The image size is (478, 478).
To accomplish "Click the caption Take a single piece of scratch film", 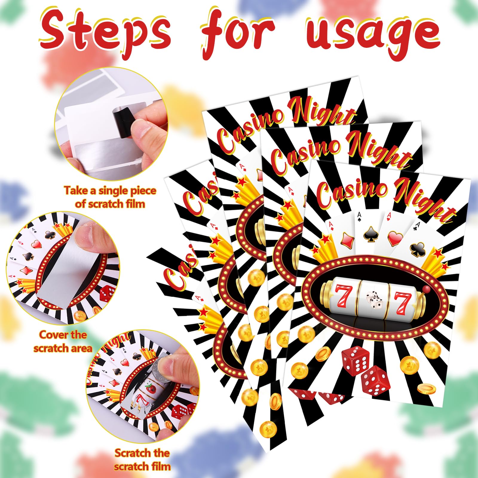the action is pos(110,197).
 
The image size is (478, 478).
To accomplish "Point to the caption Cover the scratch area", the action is pos(63,341).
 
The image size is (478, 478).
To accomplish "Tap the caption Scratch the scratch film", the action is pos(142,460).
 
